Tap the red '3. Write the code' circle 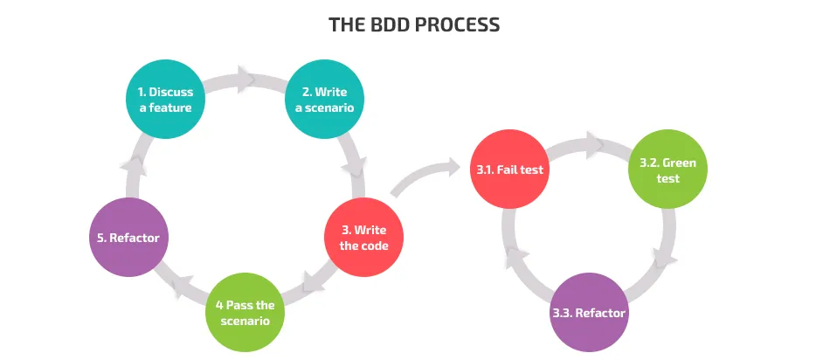(364, 237)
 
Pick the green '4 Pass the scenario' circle (246, 312)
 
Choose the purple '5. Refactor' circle (128, 237)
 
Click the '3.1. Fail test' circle (510, 169)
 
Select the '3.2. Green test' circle (668, 169)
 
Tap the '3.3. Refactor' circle (590, 312)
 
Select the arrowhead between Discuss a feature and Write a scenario (246, 79)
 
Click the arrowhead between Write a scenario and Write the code (356, 168)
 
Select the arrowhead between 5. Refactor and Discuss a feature (131, 166)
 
